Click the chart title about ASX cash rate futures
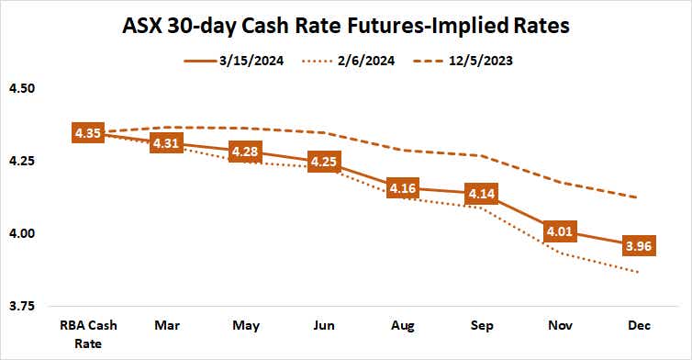tap(346, 25)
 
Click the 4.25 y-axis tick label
tap(20, 162)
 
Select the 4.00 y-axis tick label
tap(20, 233)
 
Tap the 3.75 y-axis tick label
tap(20, 305)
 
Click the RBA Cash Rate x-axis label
tap(89, 332)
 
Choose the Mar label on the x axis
tap(167, 326)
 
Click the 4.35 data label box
tap(88, 134)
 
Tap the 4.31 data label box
tap(166, 144)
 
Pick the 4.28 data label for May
tap(246, 152)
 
